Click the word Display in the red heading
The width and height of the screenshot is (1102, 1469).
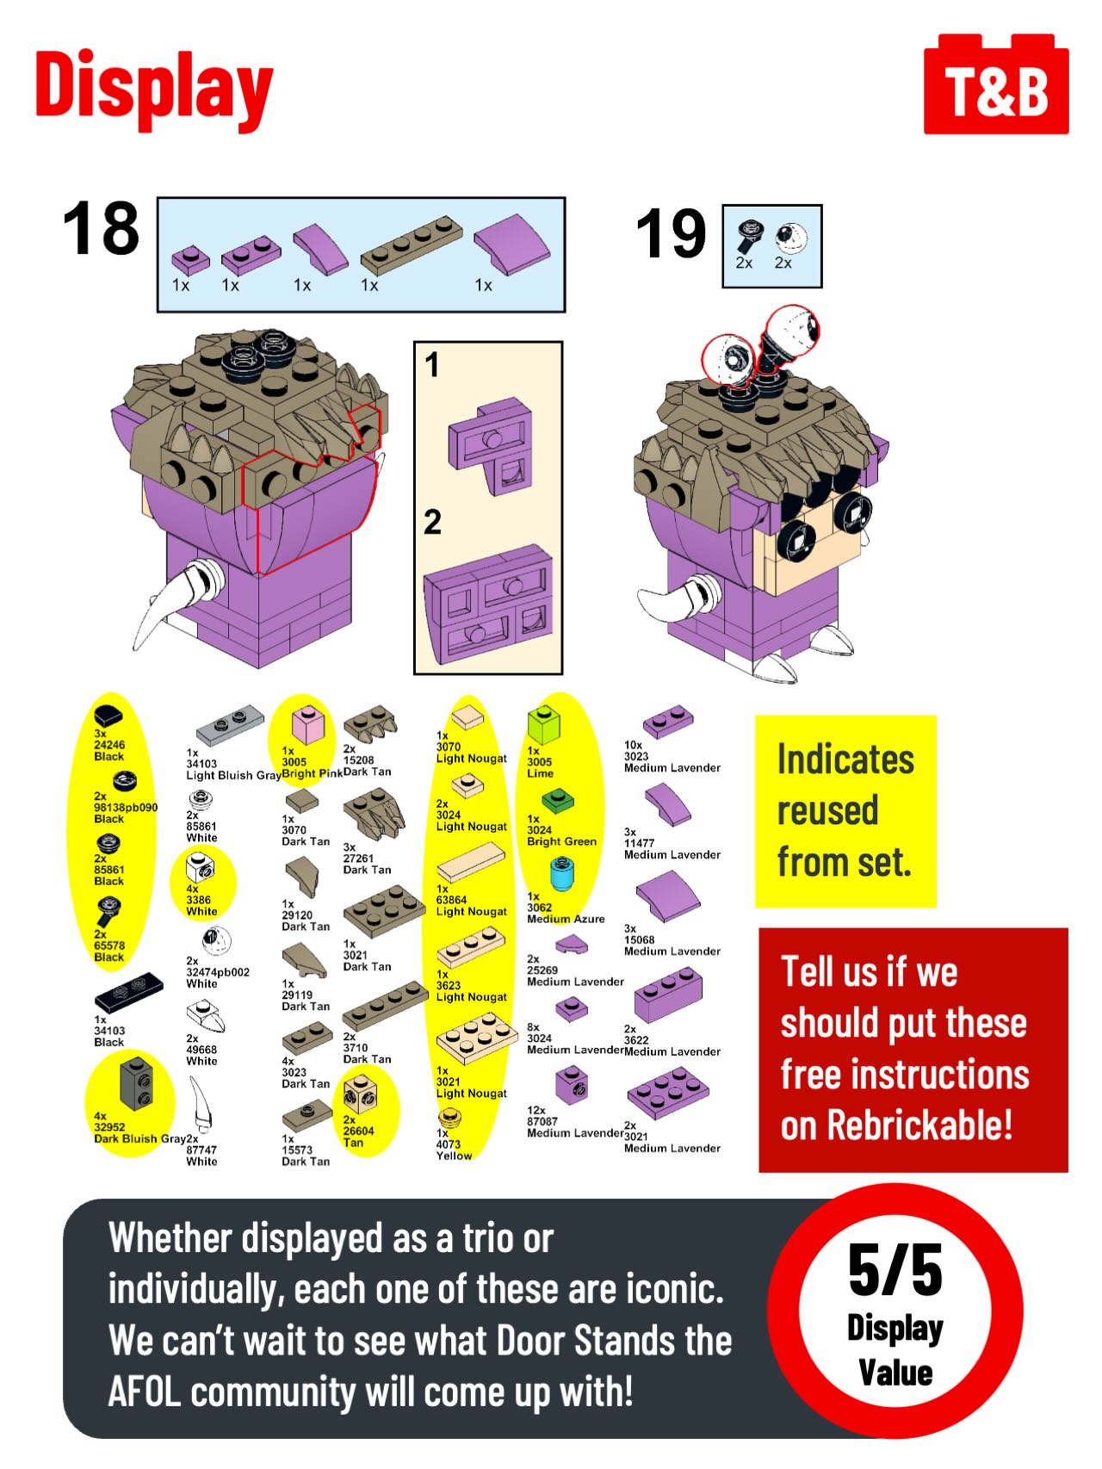154,88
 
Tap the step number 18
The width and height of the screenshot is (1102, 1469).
101,229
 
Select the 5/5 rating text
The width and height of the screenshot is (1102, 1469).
895,1269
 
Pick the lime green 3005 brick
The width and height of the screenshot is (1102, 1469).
543,725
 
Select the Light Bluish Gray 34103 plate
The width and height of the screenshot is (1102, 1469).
229,725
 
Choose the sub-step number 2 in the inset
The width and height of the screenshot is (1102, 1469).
432,522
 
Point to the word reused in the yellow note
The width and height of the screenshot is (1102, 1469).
827,810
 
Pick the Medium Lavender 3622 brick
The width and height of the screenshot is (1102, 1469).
668,996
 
